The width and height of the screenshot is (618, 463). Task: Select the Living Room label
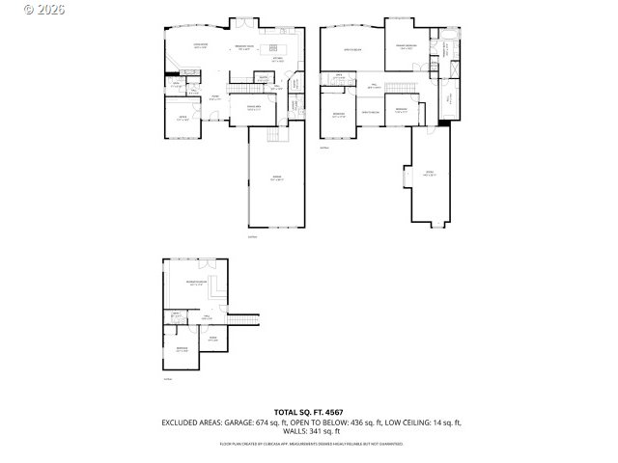pos(201,46)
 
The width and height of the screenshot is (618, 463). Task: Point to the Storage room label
pos(430,175)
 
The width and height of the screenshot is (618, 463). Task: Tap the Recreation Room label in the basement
pos(196,284)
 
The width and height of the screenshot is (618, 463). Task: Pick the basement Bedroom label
pos(182,350)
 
